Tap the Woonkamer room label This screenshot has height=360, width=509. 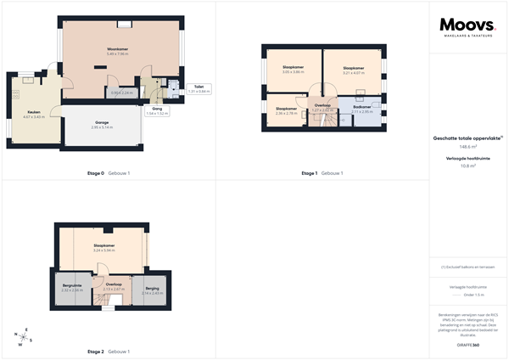(117, 50)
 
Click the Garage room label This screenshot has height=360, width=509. (103, 121)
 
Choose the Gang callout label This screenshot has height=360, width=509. (157, 110)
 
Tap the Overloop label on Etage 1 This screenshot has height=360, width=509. (322, 106)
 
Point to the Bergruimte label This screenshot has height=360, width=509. (71, 287)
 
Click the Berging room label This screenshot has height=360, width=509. (153, 289)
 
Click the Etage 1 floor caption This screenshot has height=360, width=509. (309, 173)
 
